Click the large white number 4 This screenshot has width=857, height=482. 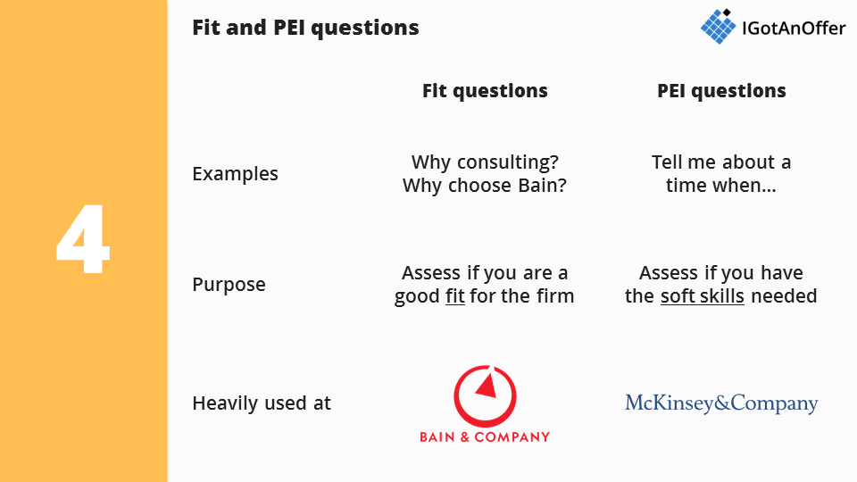[x=83, y=239]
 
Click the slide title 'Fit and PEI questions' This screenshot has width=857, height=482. [x=305, y=28]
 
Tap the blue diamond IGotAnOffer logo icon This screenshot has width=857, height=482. [x=718, y=26]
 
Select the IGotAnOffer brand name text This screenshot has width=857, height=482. [x=794, y=28]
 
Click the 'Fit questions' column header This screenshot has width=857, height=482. [x=485, y=91]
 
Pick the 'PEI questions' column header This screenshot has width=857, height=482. [x=721, y=91]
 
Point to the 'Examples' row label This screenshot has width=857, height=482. [x=235, y=174]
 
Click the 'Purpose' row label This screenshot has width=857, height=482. [x=229, y=285]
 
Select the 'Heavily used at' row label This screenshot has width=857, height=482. [x=262, y=403]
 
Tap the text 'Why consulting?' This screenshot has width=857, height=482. [x=485, y=162]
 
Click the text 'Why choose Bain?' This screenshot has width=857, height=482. [x=485, y=186]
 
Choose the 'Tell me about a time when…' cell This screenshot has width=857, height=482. [x=721, y=174]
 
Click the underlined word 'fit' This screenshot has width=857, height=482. [x=454, y=296]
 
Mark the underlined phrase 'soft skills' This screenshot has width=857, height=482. [x=703, y=296]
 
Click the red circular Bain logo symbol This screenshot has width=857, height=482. [x=485, y=396]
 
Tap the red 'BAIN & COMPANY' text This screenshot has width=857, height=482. [x=485, y=437]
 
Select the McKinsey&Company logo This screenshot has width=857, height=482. [x=721, y=403]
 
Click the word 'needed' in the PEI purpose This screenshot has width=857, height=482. [x=784, y=296]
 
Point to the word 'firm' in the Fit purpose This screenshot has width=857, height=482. [x=554, y=296]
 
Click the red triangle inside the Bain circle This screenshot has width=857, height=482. [x=487, y=384]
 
